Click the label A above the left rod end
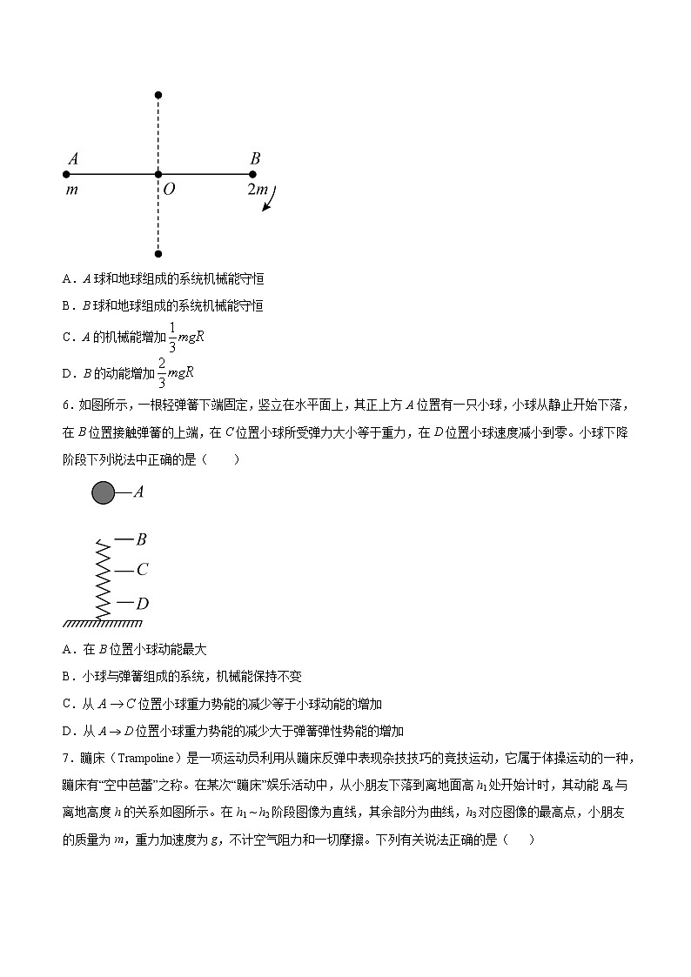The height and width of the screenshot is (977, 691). tap(73, 158)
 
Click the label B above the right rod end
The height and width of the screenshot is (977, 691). tap(255, 158)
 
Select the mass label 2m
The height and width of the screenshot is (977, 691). tap(258, 189)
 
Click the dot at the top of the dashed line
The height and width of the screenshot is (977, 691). tap(158, 94)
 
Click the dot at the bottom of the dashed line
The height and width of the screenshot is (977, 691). tap(158, 254)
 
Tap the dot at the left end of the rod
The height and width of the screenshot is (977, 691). tap(66, 174)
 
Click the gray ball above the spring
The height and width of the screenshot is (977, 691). tap(104, 492)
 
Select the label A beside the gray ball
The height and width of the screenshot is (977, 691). tap(138, 492)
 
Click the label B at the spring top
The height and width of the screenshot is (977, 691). tap(141, 539)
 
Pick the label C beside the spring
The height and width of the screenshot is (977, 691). tap(142, 571)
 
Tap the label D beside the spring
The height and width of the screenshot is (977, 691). tap(142, 603)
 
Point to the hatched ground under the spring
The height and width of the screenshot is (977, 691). tap(102, 623)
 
